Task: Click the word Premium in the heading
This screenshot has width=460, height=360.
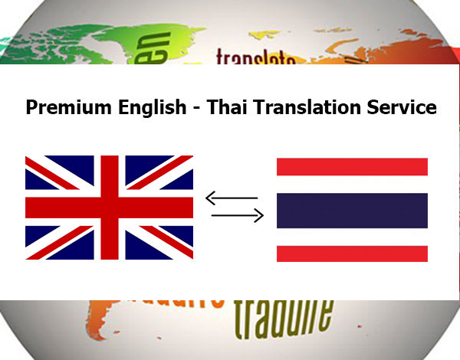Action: coord(63,107)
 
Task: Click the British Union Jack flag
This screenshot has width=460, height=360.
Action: coord(110,208)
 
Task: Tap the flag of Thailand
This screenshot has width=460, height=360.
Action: coord(352,209)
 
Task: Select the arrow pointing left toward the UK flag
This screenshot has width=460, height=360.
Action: coord(233,199)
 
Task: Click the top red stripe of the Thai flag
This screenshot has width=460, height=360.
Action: coord(352,165)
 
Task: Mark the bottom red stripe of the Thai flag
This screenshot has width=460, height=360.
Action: coord(352,254)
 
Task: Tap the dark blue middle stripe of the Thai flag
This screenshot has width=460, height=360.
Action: coord(352,209)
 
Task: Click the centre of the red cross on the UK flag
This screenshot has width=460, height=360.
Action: coord(110,208)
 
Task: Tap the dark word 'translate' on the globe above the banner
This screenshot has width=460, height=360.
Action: coord(255,57)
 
